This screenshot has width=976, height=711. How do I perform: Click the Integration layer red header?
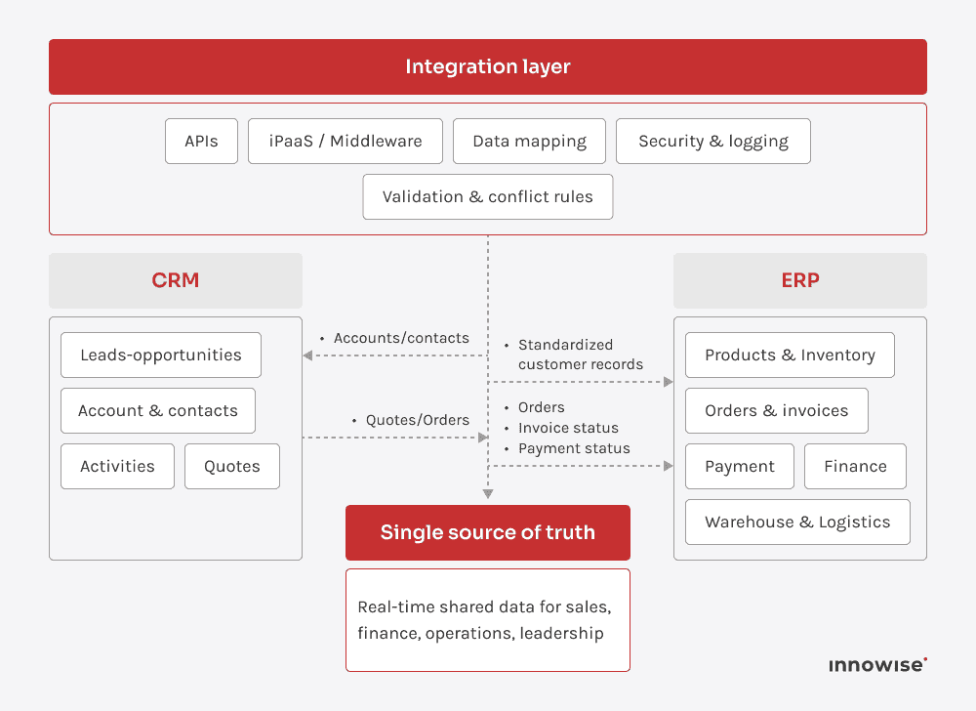[488, 66]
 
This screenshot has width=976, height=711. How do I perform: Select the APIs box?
[201, 141]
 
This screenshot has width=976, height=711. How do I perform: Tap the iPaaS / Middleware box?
[346, 141]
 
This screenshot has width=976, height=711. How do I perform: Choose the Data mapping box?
[529, 141]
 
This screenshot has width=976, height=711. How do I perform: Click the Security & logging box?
[712, 141]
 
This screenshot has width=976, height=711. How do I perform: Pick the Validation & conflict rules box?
[487, 196]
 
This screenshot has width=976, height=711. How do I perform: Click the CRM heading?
[176, 280]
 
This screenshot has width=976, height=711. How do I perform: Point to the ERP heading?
[800, 280]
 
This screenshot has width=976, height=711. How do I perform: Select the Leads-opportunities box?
[161, 355]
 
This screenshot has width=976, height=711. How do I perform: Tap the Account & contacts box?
[158, 410]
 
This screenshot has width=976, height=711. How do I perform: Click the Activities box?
[117, 466]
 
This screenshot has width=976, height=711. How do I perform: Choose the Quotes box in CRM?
[232, 466]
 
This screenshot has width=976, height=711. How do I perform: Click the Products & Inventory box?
[790, 355]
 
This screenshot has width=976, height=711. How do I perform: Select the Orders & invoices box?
[777, 410]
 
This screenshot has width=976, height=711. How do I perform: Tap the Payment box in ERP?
[740, 466]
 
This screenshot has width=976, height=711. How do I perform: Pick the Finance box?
[855, 466]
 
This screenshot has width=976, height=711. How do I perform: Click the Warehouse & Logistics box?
[797, 522]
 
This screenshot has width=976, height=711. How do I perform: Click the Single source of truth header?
[488, 532]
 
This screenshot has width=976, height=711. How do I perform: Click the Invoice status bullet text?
[568, 428]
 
